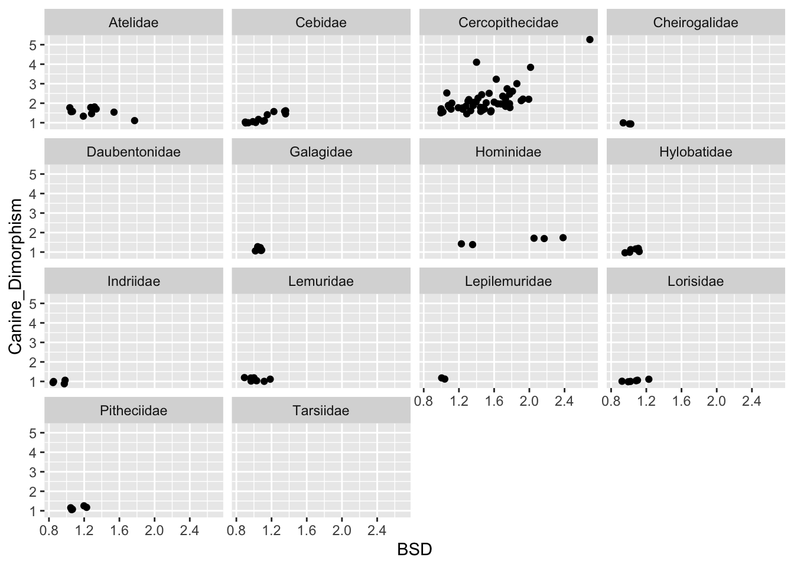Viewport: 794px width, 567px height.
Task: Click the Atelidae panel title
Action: point(134,23)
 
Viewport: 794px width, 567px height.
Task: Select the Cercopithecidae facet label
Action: point(508,23)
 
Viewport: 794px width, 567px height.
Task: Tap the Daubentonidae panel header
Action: point(134,152)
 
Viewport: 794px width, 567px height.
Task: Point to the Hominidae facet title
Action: point(508,152)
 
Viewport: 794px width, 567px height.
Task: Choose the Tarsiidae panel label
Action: point(321,411)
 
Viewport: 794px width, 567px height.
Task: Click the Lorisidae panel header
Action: point(695,282)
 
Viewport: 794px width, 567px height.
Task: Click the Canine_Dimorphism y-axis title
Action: point(16,276)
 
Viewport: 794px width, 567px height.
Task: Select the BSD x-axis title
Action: point(414,550)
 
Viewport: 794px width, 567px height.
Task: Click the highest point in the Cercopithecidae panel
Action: point(590,40)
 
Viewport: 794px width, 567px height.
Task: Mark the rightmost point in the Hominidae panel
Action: point(563,237)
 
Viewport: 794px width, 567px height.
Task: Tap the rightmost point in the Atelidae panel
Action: point(134,120)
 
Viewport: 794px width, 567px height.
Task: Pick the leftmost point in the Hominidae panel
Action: point(461,243)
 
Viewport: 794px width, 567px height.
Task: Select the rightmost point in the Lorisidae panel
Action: point(649,379)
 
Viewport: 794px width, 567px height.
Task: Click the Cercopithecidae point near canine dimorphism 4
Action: point(477,62)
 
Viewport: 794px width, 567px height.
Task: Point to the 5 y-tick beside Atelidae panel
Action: point(34,45)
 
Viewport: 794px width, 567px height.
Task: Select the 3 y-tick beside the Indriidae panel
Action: point(34,343)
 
